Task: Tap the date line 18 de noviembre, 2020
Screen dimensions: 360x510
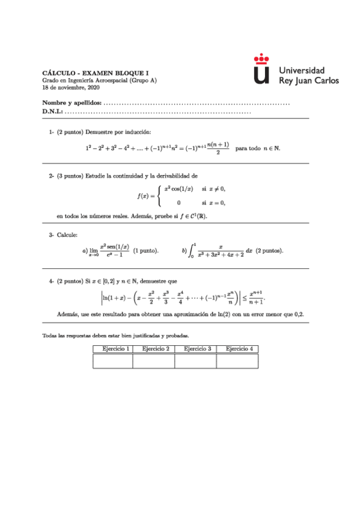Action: coord(67,88)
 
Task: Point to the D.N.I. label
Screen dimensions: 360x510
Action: coord(52,112)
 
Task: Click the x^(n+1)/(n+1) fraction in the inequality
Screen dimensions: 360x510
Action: coord(257,298)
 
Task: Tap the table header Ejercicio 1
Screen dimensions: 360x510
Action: coord(112,348)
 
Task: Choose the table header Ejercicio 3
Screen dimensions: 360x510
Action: coord(195,348)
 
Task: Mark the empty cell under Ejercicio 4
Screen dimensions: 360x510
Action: coord(237,360)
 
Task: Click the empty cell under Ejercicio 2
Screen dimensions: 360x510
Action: coord(153,360)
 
